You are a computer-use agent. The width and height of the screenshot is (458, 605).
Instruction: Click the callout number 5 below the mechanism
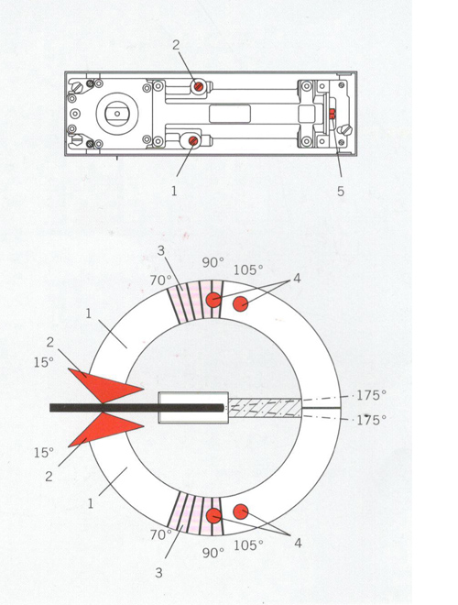pyautogui.click(x=341, y=191)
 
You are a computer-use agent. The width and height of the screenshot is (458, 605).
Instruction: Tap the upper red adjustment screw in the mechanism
pyautogui.click(x=199, y=85)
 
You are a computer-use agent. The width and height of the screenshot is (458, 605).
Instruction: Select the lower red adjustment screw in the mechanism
pyautogui.click(x=193, y=141)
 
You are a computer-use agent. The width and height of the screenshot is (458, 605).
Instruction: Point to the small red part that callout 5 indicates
pyautogui.click(x=333, y=113)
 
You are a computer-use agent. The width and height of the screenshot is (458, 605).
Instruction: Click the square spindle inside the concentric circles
pyautogui.click(x=117, y=114)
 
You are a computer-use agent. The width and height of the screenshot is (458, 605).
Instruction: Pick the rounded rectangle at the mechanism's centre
pyautogui.click(x=230, y=114)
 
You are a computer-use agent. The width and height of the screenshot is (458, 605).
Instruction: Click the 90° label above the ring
pyautogui.click(x=213, y=263)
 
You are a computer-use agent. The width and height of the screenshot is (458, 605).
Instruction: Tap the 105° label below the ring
pyautogui.click(x=248, y=545)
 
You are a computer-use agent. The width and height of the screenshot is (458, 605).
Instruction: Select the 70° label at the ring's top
pyautogui.click(x=160, y=280)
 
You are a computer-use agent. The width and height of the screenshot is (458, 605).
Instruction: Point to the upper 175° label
pyautogui.click(x=371, y=395)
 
